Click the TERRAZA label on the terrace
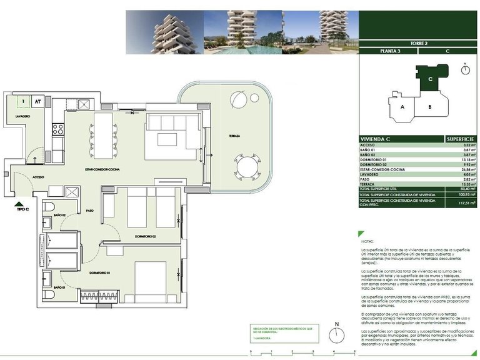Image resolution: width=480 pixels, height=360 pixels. (x=234, y=136)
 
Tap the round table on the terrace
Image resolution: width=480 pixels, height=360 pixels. (x=246, y=167)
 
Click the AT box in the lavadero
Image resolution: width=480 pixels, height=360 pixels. (x=38, y=101)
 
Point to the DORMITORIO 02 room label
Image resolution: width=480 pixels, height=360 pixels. (x=145, y=236)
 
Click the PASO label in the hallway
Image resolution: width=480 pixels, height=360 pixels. (x=90, y=211)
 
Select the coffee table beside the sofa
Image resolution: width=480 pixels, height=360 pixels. (x=167, y=139)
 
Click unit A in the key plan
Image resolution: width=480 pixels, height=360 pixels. (x=402, y=106)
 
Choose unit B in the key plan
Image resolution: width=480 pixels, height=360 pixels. (x=430, y=106)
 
